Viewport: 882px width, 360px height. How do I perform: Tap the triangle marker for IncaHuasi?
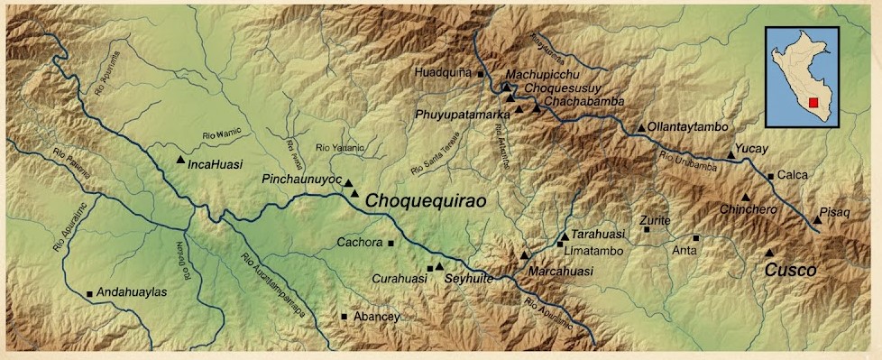(x=180, y=160)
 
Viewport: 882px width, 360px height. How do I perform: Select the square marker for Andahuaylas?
(x=90, y=294)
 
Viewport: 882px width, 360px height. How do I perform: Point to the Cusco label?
(x=790, y=270)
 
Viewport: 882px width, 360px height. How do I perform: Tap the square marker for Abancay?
(x=345, y=316)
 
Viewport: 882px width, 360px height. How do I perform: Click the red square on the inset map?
(x=813, y=103)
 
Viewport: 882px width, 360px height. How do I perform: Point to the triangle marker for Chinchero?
(x=746, y=198)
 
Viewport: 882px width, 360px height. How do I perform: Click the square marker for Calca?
(x=770, y=176)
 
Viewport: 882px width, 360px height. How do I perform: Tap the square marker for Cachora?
(x=390, y=243)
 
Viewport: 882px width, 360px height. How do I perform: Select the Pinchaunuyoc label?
(x=301, y=180)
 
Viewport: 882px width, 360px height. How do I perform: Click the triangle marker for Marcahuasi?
(x=524, y=255)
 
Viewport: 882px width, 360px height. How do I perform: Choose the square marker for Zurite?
(x=647, y=230)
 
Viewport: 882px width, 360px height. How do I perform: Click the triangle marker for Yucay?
(x=730, y=156)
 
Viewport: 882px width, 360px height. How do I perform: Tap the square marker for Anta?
(x=696, y=238)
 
